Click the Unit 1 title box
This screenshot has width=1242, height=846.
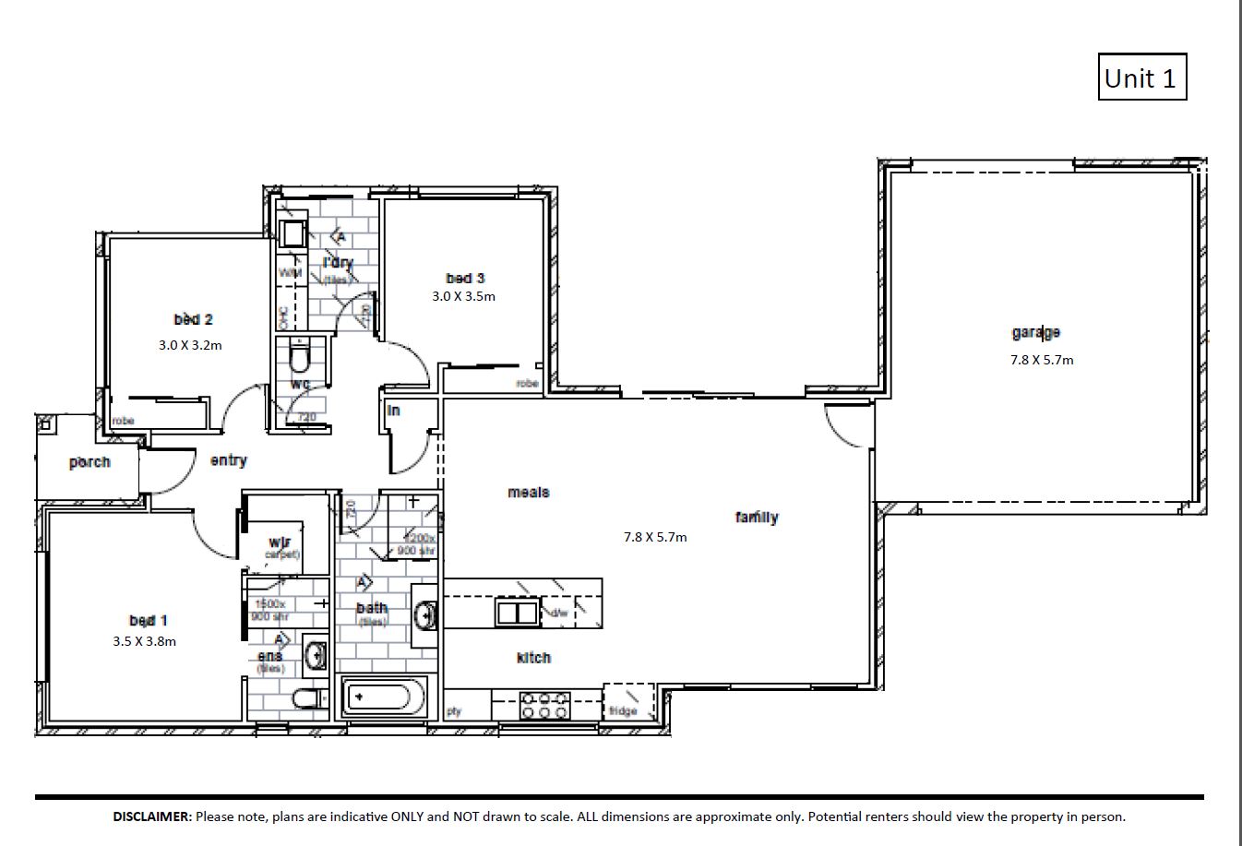1140,77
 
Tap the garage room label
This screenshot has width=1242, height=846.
1035,332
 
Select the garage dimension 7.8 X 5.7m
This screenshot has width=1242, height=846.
1041,360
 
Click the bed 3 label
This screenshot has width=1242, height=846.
465,278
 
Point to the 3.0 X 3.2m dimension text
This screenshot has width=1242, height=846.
190,345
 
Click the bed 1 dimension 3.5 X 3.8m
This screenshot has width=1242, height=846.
144,641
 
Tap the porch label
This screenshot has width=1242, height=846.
90,462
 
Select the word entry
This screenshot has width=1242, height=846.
228,460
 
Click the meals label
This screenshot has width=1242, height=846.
528,493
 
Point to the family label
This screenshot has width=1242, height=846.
757,518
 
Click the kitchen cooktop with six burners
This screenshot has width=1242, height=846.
544,706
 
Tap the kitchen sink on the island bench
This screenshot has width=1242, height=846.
516,612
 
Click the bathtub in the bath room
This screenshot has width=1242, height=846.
385,697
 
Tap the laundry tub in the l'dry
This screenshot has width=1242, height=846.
293,232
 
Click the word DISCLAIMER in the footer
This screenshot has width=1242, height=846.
152,816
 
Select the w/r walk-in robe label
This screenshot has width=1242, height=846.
281,542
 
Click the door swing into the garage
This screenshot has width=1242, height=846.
848,426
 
